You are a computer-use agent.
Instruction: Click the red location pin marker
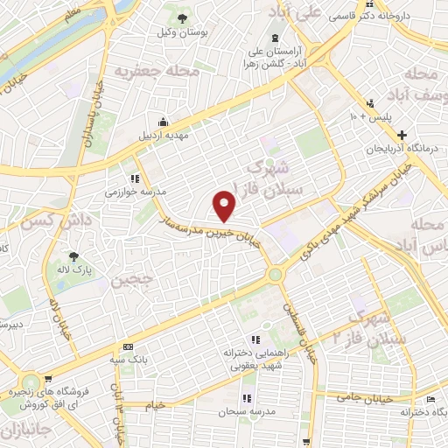(226, 205)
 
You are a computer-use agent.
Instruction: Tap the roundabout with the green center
(277, 275)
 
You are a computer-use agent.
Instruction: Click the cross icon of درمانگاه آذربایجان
(402, 135)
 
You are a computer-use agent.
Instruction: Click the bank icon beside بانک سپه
(128, 346)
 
